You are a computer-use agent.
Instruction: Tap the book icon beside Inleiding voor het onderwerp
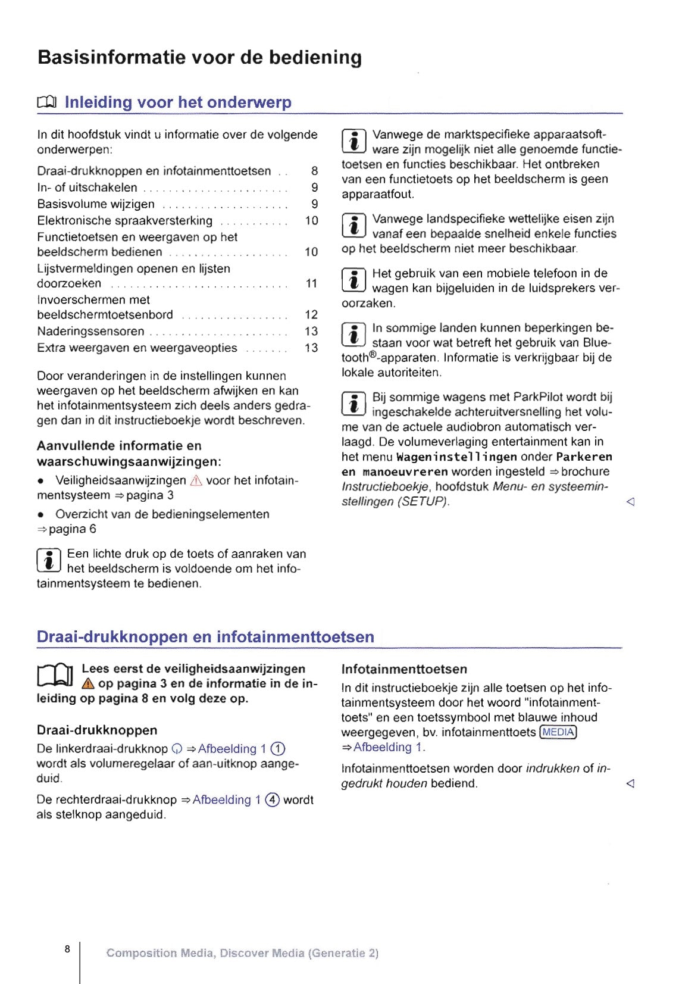point(47,103)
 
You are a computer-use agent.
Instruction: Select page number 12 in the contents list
point(311,315)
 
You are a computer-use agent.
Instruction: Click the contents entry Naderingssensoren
point(90,332)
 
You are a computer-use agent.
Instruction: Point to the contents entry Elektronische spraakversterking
point(124,221)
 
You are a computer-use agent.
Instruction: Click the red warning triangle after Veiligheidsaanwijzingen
point(196,481)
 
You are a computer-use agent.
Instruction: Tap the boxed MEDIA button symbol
point(558,732)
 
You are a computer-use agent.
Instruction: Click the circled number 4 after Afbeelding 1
point(272,800)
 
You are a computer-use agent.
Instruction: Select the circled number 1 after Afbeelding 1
point(278,749)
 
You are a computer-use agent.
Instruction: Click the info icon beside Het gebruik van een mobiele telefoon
point(353,280)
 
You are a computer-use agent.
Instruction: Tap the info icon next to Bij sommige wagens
point(353,404)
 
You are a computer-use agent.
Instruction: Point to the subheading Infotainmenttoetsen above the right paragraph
point(404,669)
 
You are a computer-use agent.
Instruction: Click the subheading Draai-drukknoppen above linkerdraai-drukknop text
point(97,730)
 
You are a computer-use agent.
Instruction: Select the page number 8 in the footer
point(67,949)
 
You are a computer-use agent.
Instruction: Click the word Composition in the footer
point(142,953)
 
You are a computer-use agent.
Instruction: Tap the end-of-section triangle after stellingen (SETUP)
point(630,502)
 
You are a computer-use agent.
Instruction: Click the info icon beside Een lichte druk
point(49,561)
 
